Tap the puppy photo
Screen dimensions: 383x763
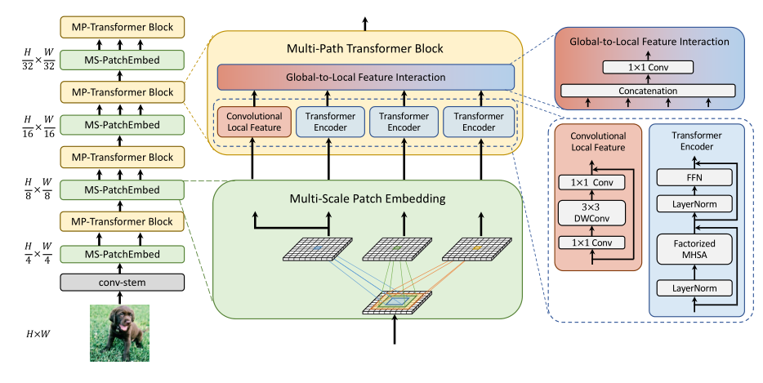coord(119,332)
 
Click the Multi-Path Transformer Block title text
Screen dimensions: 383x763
coord(365,49)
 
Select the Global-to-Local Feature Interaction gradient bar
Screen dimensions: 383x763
coord(365,78)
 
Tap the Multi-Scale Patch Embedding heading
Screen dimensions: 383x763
coord(365,199)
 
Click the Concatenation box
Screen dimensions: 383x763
coord(647,90)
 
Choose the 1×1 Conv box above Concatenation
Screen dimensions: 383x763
coord(647,67)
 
